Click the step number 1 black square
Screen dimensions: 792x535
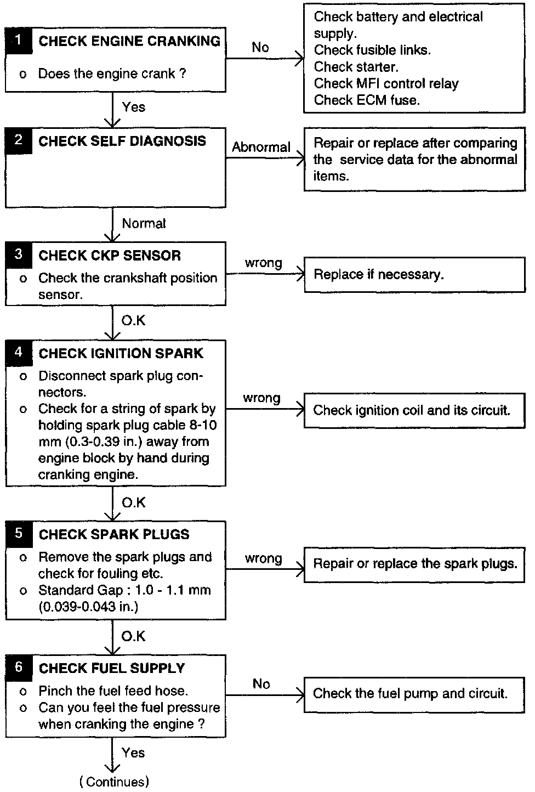(19, 40)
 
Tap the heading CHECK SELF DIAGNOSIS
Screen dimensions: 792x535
(122, 141)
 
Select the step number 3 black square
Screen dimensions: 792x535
(19, 254)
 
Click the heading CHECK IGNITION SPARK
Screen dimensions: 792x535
(121, 353)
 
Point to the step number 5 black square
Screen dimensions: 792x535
(19, 534)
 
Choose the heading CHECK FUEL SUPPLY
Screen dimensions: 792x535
(112, 668)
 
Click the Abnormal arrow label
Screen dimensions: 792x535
(261, 147)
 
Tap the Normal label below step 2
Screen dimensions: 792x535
(144, 223)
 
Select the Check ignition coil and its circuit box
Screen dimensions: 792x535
(414, 410)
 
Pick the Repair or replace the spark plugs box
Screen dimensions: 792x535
(414, 564)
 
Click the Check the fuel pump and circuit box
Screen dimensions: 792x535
(414, 694)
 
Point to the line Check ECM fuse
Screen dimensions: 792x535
(367, 100)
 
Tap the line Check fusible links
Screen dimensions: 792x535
(372, 50)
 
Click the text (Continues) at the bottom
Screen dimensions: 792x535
(114, 782)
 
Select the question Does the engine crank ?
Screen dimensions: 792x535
(112, 73)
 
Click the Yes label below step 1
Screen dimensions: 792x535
(134, 106)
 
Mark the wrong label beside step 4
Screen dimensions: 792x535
(261, 398)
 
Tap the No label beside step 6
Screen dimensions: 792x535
(261, 684)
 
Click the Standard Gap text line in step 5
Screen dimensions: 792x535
(124, 590)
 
